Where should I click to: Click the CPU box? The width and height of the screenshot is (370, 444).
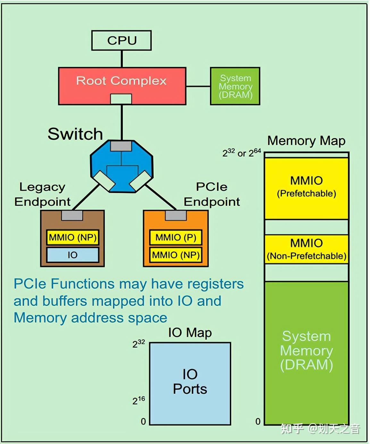(121, 40)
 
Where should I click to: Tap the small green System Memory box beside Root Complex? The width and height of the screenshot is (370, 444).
(235, 86)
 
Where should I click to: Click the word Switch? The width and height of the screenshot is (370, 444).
(75, 134)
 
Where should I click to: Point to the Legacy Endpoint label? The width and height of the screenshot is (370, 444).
(42, 194)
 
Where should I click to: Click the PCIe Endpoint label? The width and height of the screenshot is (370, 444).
(212, 194)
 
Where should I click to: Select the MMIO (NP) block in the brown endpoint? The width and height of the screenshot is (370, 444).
(72, 237)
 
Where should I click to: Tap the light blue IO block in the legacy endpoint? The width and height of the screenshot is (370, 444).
(72, 255)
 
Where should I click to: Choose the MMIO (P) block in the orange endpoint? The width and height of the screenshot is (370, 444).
(176, 237)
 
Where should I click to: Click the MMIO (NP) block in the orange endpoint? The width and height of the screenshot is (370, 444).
(176, 255)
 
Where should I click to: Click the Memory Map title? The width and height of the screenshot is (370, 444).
(306, 141)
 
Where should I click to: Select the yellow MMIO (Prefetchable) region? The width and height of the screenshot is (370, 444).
(306, 188)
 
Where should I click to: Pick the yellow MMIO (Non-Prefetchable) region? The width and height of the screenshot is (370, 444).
(306, 249)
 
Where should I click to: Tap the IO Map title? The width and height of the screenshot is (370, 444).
(190, 333)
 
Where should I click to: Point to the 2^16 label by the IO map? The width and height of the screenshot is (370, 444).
(139, 400)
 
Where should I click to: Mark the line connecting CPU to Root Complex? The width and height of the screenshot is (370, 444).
(122, 59)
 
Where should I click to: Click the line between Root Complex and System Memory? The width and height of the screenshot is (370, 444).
(198, 86)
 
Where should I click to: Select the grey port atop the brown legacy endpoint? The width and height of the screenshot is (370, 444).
(72, 215)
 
